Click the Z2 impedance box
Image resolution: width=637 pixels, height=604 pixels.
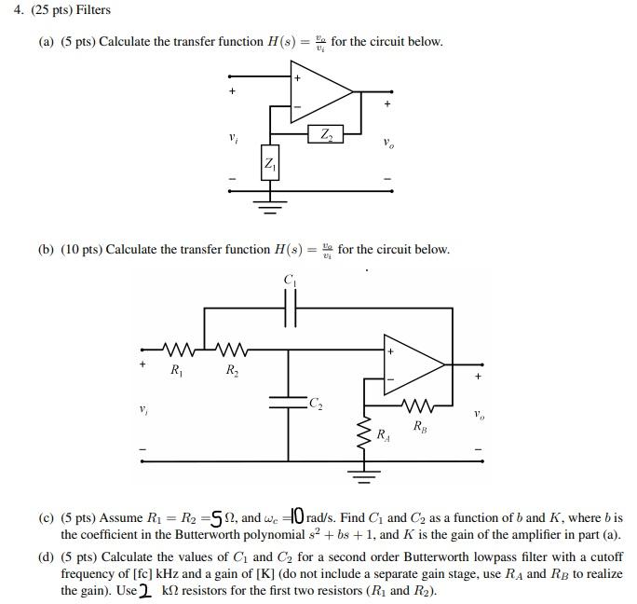click(x=325, y=135)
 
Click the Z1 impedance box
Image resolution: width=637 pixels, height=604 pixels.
click(x=270, y=165)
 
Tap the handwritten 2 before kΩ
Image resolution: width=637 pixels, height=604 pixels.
click(x=146, y=590)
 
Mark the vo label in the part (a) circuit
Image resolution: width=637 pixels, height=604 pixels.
click(x=387, y=144)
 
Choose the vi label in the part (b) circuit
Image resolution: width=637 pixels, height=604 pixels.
click(x=143, y=409)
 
